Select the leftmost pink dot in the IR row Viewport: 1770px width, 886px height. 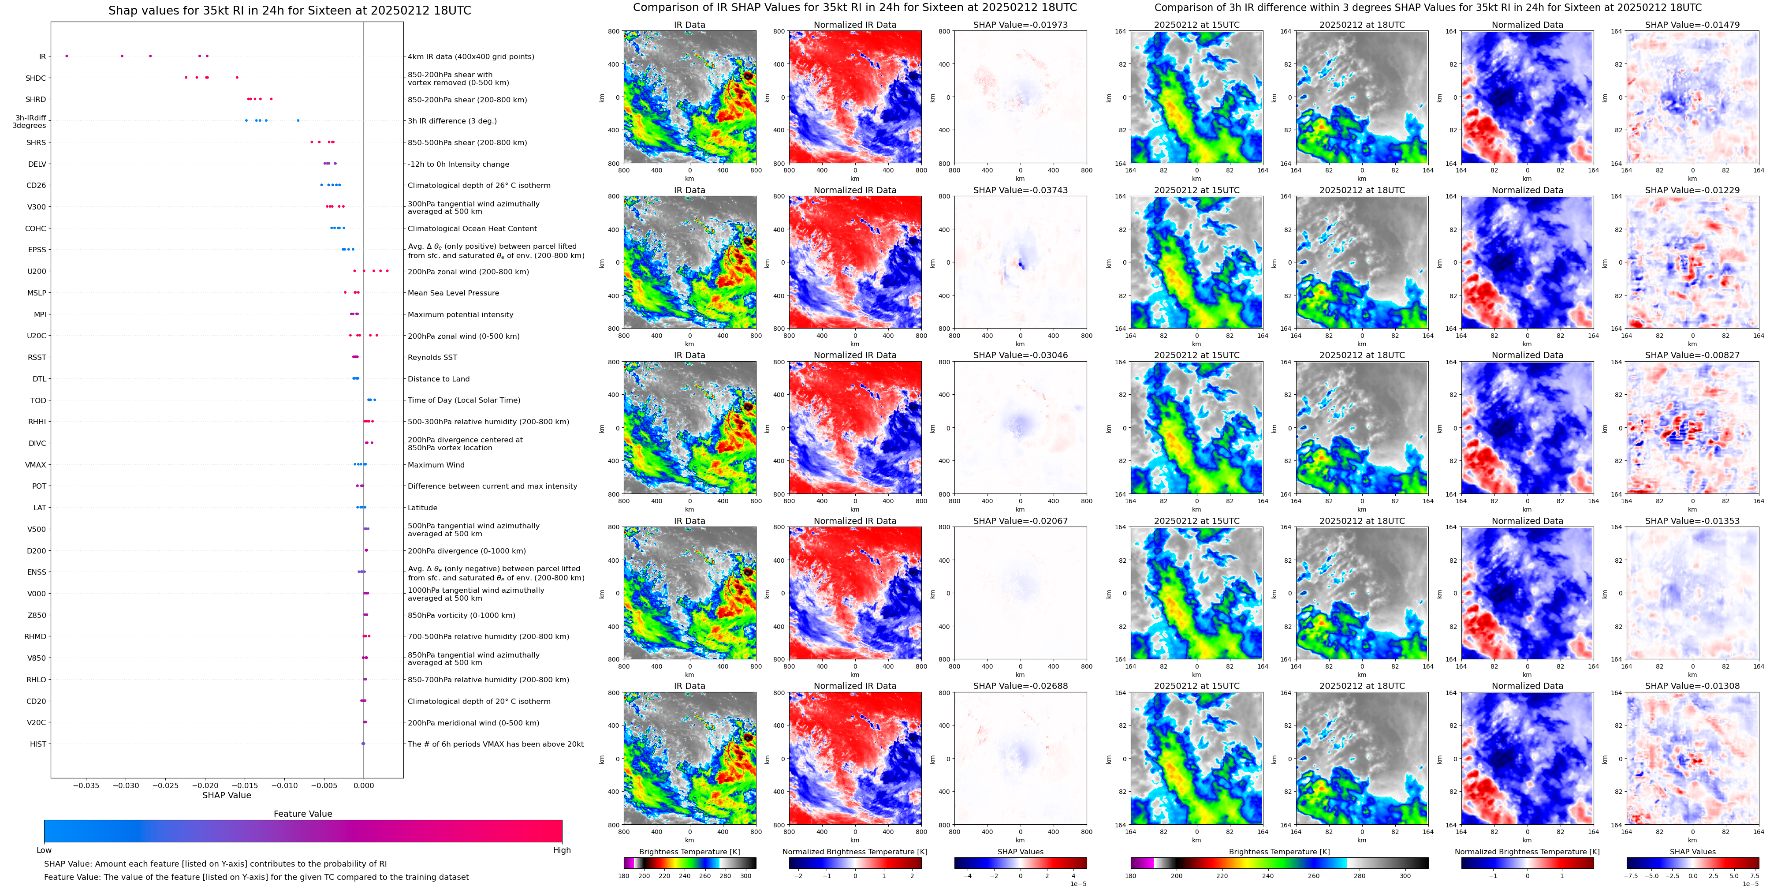67,56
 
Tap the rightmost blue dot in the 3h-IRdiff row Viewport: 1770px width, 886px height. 298,120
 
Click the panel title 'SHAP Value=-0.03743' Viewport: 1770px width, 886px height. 1021,191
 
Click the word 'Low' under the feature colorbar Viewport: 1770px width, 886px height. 44,850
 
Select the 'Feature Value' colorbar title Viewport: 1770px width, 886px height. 302,814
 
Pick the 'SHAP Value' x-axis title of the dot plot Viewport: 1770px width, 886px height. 226,795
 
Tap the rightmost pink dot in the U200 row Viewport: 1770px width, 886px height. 387,271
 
